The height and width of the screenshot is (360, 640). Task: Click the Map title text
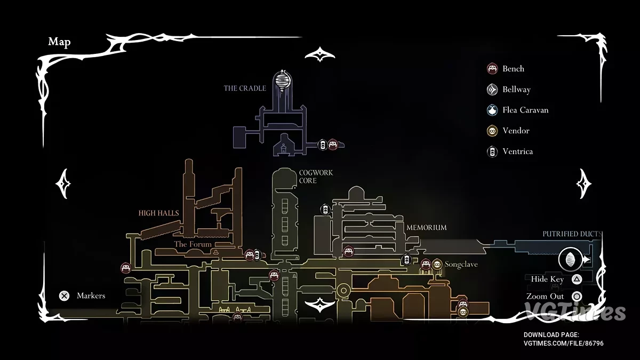click(59, 42)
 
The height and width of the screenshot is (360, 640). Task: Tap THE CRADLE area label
click(245, 88)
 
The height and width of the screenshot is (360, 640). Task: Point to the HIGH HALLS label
click(158, 213)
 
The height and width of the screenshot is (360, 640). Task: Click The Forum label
click(193, 244)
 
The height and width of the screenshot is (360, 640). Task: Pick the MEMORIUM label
click(426, 228)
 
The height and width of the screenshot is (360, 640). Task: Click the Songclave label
click(461, 265)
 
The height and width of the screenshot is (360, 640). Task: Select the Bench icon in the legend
click(492, 69)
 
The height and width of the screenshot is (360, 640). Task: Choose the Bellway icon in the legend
click(492, 90)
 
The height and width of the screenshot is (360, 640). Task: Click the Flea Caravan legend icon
click(492, 110)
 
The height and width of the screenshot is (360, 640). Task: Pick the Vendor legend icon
click(492, 131)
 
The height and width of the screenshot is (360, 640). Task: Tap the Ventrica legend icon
click(492, 151)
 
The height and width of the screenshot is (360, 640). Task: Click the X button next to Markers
click(64, 295)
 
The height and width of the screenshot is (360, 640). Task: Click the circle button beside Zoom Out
click(576, 297)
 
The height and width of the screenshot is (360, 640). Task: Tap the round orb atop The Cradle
click(282, 81)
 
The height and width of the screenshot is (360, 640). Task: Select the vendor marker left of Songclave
click(437, 264)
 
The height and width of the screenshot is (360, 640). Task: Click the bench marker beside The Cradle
click(333, 145)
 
